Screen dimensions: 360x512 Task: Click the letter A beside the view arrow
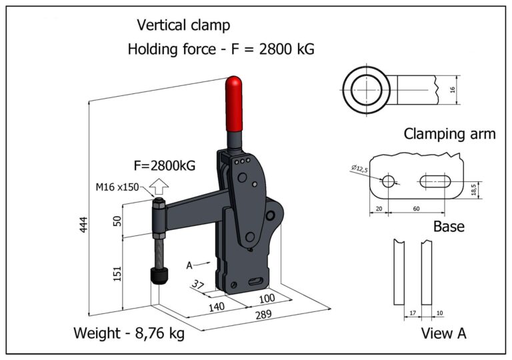click(190, 265)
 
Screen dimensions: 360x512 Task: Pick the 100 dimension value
click(267, 297)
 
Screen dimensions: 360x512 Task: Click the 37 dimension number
click(198, 284)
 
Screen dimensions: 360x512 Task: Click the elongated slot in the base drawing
click(437, 181)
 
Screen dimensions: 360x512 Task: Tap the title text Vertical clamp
click(183, 25)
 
